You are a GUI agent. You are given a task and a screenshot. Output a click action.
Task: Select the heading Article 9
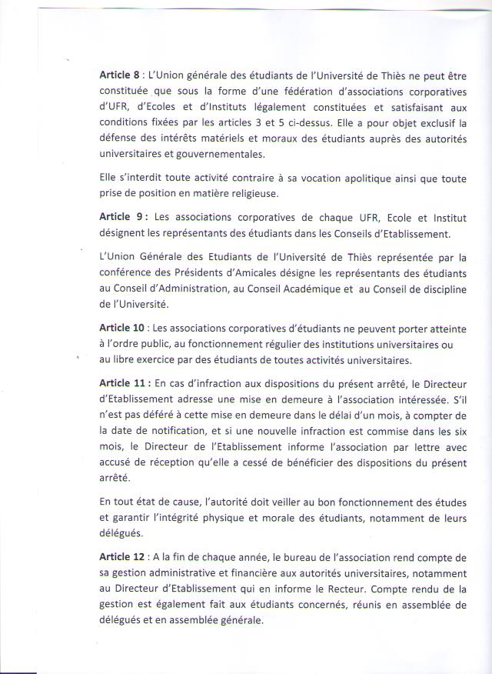click(121, 217)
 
